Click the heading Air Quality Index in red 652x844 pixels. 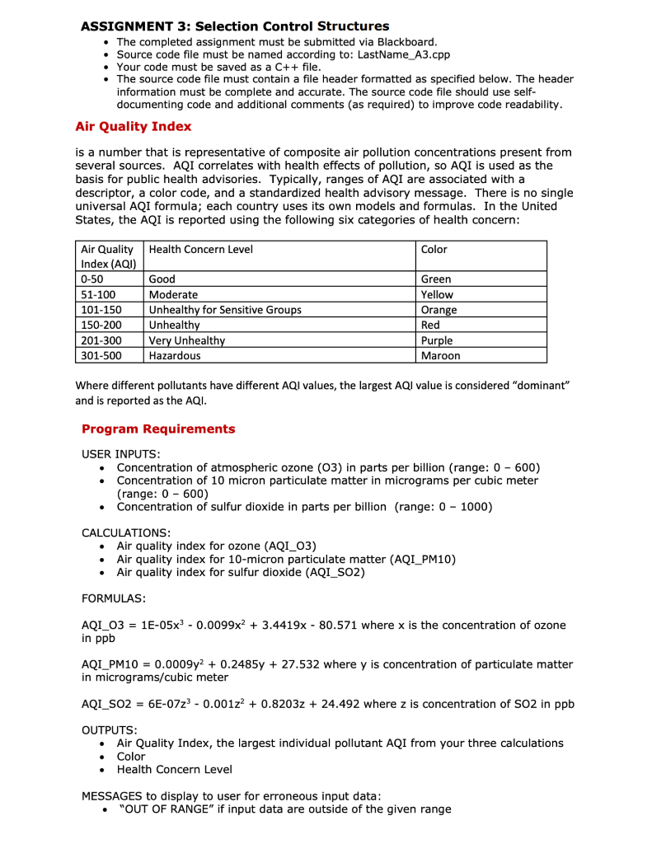pyautogui.click(x=133, y=127)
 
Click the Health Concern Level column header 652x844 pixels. pyautogui.click(x=200, y=249)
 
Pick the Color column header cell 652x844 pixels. pyautogui.click(x=434, y=249)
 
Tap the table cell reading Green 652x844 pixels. pyautogui.click(x=435, y=279)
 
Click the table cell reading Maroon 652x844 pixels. pyautogui.click(x=440, y=355)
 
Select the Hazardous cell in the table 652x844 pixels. pyautogui.click(x=174, y=355)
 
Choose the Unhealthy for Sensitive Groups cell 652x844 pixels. pyautogui.click(x=224, y=310)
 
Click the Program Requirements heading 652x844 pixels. pyautogui.click(x=158, y=429)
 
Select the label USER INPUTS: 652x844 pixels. pyautogui.click(x=121, y=454)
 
